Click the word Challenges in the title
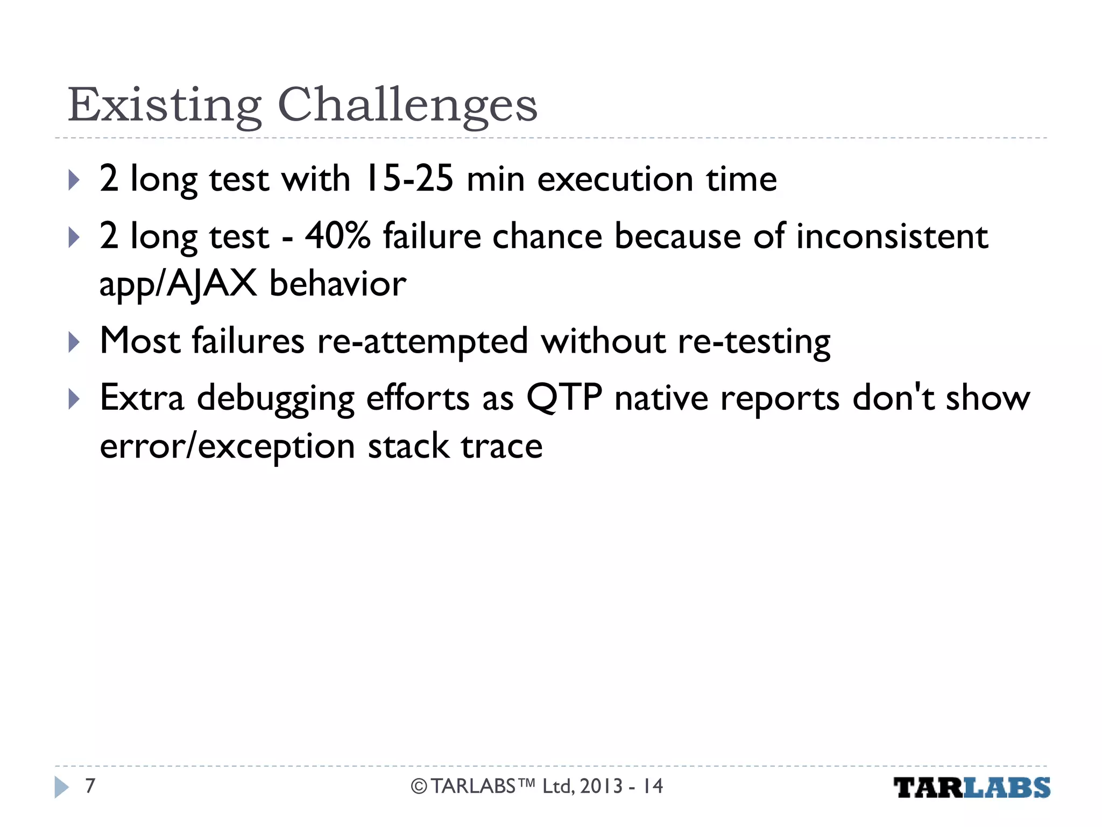(x=407, y=105)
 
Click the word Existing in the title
(x=165, y=105)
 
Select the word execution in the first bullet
(x=615, y=179)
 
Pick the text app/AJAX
(x=178, y=284)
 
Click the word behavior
(x=337, y=284)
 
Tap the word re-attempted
(x=422, y=341)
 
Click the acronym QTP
(x=564, y=398)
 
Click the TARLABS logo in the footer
(x=971, y=788)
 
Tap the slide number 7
(x=90, y=786)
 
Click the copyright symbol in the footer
(x=419, y=787)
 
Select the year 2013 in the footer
(x=601, y=786)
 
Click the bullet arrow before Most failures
(x=74, y=342)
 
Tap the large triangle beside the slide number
(x=61, y=787)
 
